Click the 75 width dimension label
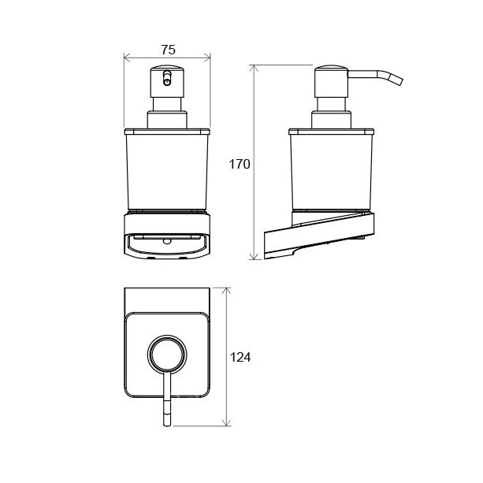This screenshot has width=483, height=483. click(x=168, y=50)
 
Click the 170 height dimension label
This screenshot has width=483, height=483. click(x=240, y=164)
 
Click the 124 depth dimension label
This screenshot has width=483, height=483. click(x=240, y=357)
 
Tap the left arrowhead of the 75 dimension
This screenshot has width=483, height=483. click(x=127, y=58)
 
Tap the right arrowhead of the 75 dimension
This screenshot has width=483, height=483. click(x=207, y=58)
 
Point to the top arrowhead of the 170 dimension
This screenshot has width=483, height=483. click(x=254, y=68)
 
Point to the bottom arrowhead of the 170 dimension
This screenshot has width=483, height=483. click(x=254, y=256)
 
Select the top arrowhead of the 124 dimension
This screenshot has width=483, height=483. click(x=226, y=291)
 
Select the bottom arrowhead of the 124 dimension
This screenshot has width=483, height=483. click(x=226, y=422)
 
